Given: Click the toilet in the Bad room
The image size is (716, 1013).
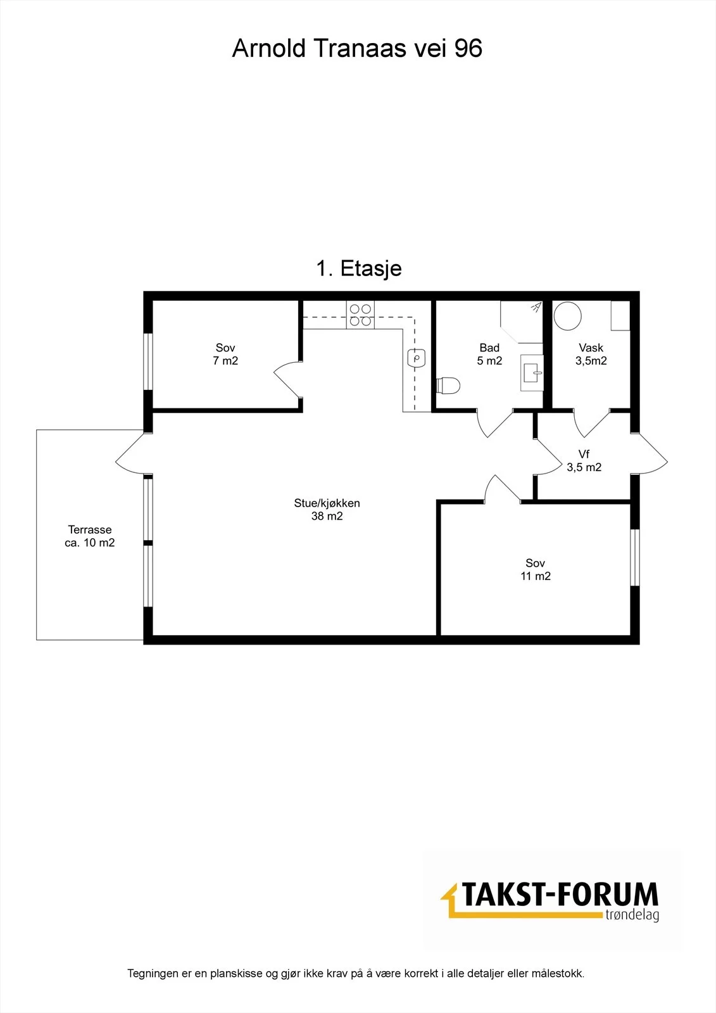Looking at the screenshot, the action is pyautogui.click(x=448, y=386).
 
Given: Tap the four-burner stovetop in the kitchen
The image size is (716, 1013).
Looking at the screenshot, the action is pyautogui.click(x=360, y=315).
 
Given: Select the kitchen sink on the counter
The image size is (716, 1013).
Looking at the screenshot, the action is pyautogui.click(x=416, y=358).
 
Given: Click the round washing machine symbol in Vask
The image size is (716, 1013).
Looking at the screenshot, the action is pyautogui.click(x=568, y=316).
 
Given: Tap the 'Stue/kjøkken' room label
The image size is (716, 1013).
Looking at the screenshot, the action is pyautogui.click(x=327, y=503).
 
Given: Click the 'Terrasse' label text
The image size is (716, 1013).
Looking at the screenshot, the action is pyautogui.click(x=89, y=529).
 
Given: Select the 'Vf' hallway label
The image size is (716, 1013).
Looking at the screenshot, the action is pyautogui.click(x=584, y=454).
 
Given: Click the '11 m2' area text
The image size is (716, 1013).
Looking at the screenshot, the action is pyautogui.click(x=536, y=576).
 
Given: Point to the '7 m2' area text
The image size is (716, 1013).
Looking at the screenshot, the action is pyautogui.click(x=225, y=361).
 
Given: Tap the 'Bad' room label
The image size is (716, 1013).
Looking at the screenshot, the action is pyautogui.click(x=489, y=348).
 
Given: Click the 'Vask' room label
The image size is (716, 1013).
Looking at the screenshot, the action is pyautogui.click(x=591, y=348).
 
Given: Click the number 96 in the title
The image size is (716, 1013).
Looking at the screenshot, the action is pyautogui.click(x=468, y=48).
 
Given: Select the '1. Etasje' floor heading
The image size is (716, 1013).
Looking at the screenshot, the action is pyautogui.click(x=359, y=268).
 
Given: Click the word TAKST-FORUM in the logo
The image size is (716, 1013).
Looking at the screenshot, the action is pyautogui.click(x=560, y=895).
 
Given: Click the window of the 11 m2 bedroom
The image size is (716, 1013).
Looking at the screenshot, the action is pyautogui.click(x=635, y=558).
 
